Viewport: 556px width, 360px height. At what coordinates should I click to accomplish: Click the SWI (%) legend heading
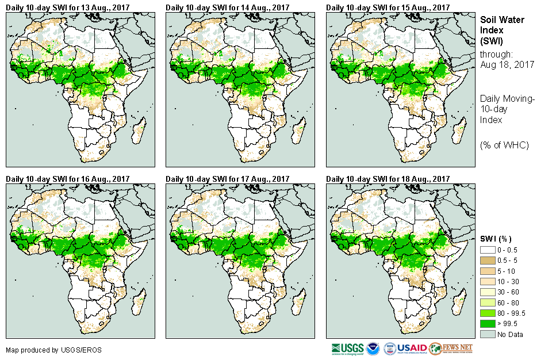(x=496, y=239)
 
